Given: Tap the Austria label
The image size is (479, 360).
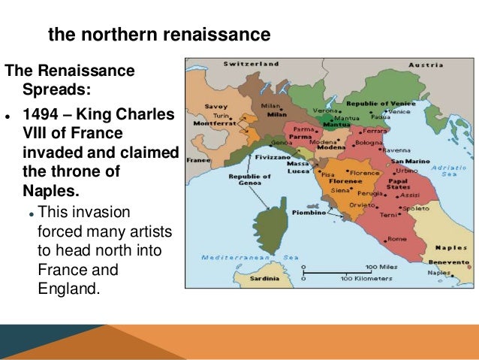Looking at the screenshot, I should [425, 65].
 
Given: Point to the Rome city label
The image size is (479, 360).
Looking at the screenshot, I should [397, 239].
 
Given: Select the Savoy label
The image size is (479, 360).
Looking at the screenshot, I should [216, 107].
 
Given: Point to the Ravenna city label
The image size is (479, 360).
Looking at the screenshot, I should [399, 150].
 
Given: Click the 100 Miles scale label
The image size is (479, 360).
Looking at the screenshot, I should [380, 266].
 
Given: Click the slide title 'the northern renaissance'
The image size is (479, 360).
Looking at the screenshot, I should [158, 35].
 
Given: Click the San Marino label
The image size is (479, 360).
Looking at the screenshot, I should [409, 161].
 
